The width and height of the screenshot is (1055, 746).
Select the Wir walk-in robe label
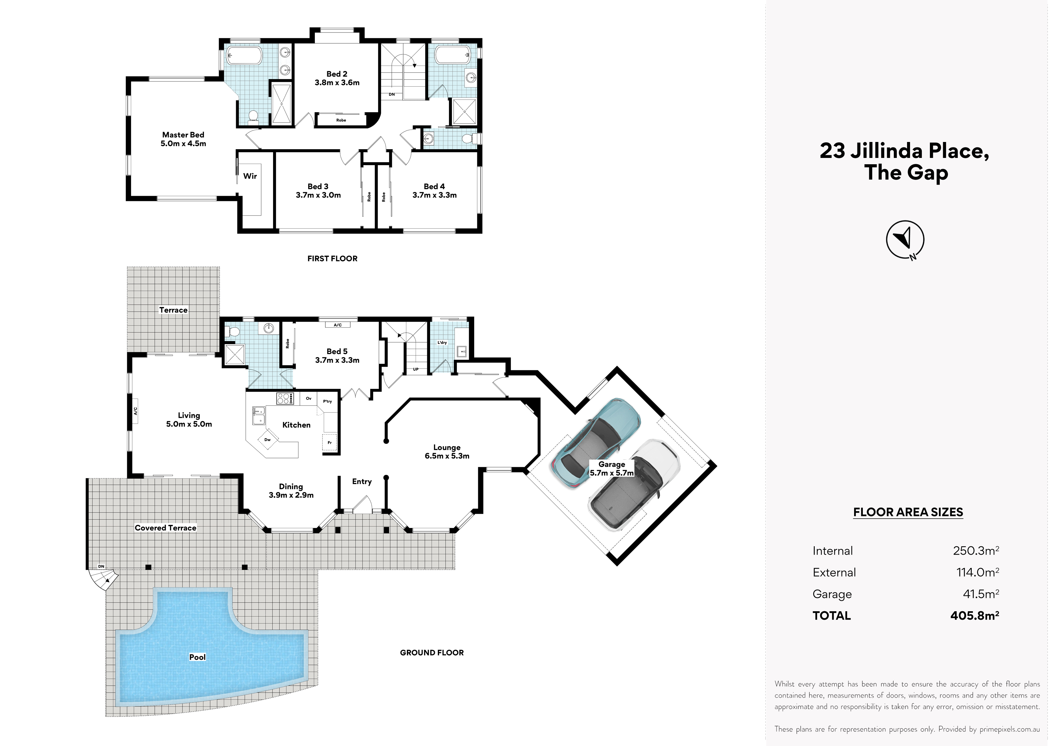[250, 176]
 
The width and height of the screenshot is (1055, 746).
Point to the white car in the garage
[634, 485]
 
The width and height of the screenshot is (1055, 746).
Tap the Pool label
[198, 657]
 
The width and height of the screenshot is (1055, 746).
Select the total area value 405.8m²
[975, 615]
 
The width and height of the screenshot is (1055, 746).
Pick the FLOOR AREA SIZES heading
[908, 512]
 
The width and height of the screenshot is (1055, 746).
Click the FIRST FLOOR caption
[332, 259]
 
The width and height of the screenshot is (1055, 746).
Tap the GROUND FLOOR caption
[432, 653]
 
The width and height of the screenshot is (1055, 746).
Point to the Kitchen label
[296, 425]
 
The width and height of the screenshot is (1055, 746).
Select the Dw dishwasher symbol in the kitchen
[267, 440]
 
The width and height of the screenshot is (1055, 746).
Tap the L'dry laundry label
[442, 342]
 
